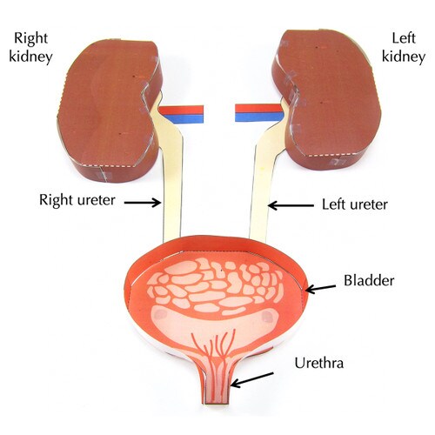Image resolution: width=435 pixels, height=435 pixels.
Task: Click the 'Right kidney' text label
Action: (x=30, y=48)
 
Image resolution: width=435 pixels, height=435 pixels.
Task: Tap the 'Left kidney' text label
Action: (x=404, y=47)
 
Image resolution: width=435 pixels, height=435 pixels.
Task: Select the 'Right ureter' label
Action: (x=77, y=200)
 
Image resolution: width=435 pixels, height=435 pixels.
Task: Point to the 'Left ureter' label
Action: (x=355, y=204)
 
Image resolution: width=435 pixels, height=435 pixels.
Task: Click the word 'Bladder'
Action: (x=369, y=280)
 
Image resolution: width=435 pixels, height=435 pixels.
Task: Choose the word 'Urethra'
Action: (x=319, y=363)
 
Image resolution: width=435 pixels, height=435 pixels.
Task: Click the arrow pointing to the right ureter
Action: (x=143, y=202)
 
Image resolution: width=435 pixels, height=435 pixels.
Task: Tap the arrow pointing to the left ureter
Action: (x=291, y=205)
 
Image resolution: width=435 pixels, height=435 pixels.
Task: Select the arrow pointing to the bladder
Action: (x=321, y=288)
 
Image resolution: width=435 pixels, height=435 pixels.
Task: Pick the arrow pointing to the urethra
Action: (x=252, y=380)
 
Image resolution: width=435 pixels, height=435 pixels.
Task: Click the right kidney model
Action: (x=109, y=110)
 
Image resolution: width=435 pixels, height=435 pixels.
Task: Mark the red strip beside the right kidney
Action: (x=182, y=110)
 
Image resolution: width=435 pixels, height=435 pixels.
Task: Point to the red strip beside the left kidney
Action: (x=258, y=109)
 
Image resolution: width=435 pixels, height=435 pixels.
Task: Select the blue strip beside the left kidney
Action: (x=259, y=117)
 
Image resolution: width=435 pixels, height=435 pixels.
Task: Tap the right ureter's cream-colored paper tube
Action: (x=171, y=174)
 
